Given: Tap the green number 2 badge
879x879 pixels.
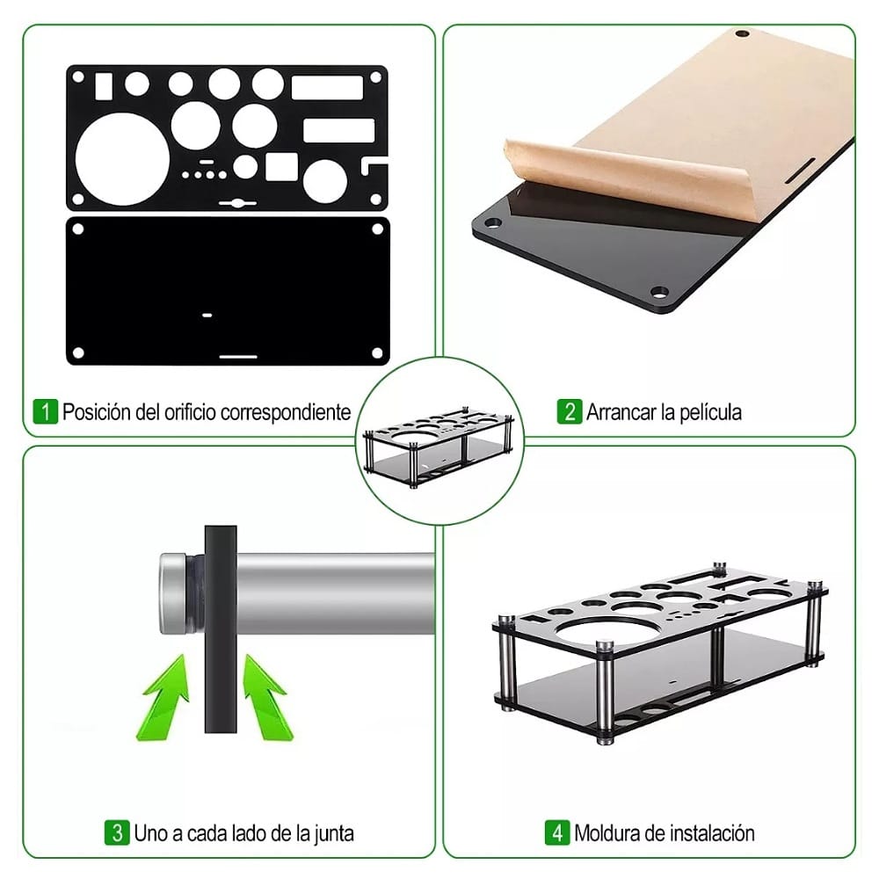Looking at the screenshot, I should pyautogui.click(x=569, y=411).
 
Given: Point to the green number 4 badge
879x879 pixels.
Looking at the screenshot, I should pyautogui.click(x=557, y=832).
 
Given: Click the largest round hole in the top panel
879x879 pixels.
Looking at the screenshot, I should pyautogui.click(x=122, y=159).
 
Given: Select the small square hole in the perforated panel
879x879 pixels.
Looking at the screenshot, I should pyautogui.click(x=282, y=166).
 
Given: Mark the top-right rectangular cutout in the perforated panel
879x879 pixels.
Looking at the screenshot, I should pyautogui.click(x=327, y=88).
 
